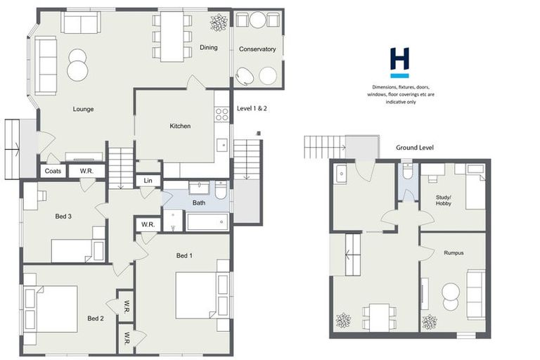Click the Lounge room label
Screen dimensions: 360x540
83,109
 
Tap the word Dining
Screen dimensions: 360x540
208,48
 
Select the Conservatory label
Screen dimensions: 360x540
257,49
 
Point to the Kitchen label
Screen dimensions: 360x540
180,127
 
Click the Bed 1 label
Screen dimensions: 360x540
184,255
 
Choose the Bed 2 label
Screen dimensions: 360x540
96,319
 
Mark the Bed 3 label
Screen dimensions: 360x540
63,216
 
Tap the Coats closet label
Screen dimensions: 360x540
53,171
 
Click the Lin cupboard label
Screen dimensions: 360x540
148,181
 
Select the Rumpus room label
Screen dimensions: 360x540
454,253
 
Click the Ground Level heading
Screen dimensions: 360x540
414,148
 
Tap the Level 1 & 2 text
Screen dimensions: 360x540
252,109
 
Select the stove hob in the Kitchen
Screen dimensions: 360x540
222,114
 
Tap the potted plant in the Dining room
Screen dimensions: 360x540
219,22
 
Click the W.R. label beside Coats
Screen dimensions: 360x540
87,171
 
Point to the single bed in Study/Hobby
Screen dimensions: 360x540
475,188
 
